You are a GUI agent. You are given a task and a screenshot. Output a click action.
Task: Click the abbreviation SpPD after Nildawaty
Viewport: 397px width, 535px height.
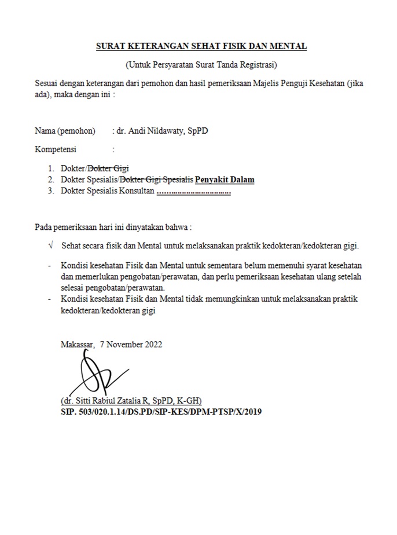coord(197,131)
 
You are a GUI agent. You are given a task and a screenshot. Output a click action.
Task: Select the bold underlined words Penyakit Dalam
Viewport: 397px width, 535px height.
coord(225,179)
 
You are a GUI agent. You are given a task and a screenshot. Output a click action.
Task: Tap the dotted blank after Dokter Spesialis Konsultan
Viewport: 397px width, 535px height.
coord(194,190)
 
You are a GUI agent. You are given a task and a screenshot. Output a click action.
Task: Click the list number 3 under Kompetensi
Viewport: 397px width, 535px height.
coord(51,190)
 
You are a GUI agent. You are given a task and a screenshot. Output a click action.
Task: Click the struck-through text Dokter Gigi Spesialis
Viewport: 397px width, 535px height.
coord(156,179)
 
